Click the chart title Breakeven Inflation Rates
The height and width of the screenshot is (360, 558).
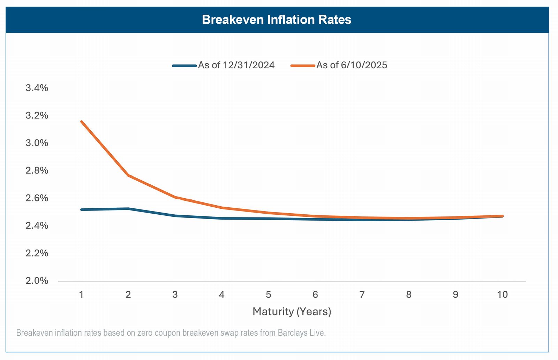pos(277,20)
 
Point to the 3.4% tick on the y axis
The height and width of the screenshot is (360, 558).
pos(37,88)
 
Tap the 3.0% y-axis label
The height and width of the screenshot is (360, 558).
pos(37,143)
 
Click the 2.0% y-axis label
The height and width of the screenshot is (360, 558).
pos(37,281)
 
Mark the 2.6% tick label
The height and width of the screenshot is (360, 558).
pos(37,198)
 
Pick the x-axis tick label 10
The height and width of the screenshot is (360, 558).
pos(502,294)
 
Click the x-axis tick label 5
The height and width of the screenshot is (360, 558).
pos(268,294)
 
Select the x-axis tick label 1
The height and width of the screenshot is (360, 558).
pos(81,294)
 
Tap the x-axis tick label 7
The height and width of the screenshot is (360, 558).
pos(362,294)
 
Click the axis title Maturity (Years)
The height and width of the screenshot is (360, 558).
pos(292,312)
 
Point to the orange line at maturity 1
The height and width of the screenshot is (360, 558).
pos(82,122)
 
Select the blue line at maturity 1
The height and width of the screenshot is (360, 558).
pos(82,210)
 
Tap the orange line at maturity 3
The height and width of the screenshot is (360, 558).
pos(175,197)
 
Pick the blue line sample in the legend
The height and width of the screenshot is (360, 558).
pos(184,66)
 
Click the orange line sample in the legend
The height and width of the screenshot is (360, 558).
pos(303,66)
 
